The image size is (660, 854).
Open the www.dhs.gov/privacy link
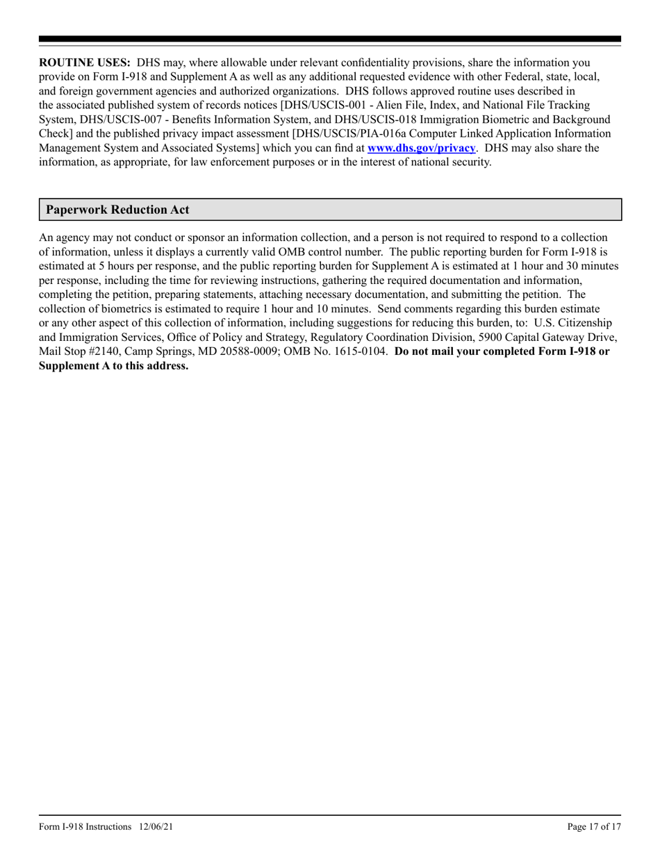click(x=421, y=147)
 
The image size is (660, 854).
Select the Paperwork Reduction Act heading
click(x=117, y=210)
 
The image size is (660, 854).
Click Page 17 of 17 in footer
click(x=593, y=827)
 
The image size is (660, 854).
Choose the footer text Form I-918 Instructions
click(x=85, y=827)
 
